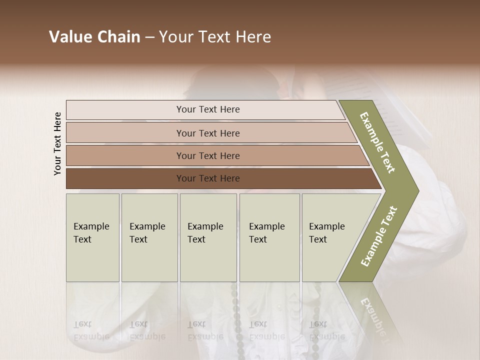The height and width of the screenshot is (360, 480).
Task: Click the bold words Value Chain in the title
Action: [94, 37]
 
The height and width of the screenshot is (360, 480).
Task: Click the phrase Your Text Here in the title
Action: [215, 37]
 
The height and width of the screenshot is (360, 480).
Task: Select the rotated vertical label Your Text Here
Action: [57, 144]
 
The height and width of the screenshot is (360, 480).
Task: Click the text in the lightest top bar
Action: [208, 109]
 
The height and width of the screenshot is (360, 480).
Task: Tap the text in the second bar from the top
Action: [208, 133]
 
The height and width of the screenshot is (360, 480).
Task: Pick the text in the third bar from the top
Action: [208, 155]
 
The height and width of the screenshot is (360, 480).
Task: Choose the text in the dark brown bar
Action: [208, 178]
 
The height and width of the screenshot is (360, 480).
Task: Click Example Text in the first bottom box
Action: [91, 233]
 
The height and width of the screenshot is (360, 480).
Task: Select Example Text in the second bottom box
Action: [147, 233]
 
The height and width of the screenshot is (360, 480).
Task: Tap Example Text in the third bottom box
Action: [205, 233]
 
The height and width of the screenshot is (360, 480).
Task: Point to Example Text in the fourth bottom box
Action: [266, 233]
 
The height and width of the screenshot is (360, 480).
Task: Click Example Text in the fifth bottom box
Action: [326, 233]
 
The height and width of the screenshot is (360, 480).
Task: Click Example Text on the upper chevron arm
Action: [377, 142]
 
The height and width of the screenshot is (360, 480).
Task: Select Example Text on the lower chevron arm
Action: [379, 236]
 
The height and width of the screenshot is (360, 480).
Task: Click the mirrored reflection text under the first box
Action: [91, 330]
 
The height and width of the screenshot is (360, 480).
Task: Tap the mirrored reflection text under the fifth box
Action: [326, 330]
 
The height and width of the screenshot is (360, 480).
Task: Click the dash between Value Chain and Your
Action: [149, 37]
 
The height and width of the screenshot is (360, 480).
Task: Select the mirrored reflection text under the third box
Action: [205, 330]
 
